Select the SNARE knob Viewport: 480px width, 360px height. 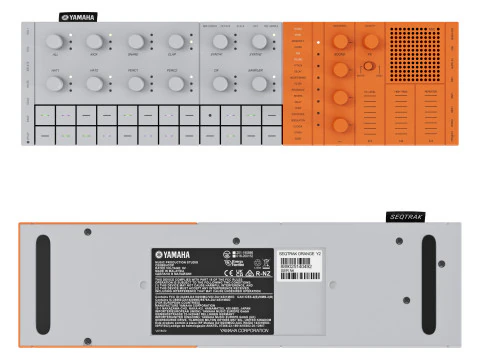[x=98, y=41]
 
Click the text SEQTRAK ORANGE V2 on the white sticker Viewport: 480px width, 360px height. [x=304, y=254]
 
